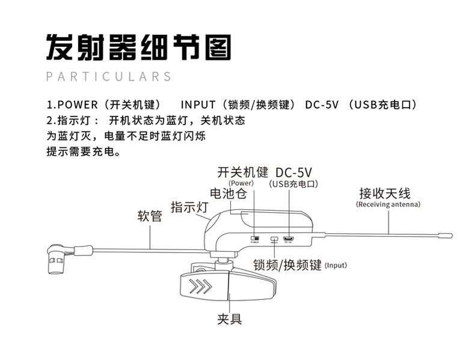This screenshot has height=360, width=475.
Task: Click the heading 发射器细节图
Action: tap(138, 46)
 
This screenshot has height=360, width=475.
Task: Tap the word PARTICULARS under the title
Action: tap(109, 77)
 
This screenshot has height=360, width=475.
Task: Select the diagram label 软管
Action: tap(150, 216)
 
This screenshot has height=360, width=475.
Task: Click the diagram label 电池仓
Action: tap(228, 194)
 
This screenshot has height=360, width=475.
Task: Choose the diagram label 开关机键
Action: tap(242, 172)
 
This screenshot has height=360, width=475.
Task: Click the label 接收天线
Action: tap(384, 193)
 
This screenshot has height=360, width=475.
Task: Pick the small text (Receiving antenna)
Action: tap(388, 204)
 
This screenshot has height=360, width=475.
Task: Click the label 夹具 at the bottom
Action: tap(229, 319)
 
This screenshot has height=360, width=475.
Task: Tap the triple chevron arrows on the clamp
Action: tap(200, 286)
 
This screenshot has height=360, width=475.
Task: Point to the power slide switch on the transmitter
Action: tap(255, 238)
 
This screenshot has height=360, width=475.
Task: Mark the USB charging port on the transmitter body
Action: tap(289, 239)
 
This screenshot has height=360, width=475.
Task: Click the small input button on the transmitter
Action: tap(274, 239)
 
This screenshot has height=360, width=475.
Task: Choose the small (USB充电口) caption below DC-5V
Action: tap(293, 184)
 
